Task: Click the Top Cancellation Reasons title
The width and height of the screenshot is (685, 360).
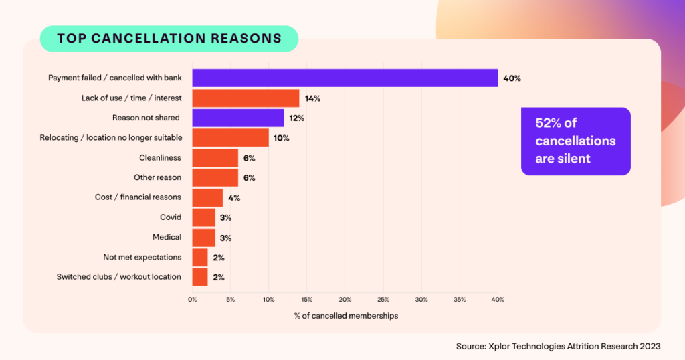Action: (169, 38)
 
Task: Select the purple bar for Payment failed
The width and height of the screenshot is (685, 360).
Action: (345, 78)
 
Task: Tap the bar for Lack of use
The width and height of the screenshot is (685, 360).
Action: (246, 98)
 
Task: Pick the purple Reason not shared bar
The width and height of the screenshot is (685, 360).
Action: (238, 118)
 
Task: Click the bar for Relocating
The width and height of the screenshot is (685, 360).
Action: (230, 138)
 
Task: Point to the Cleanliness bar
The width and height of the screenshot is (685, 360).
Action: (215, 158)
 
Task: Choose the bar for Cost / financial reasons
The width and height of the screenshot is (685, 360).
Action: (207, 197)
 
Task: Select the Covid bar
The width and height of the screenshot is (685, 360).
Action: (203, 217)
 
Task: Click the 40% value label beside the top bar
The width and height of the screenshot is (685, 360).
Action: (512, 78)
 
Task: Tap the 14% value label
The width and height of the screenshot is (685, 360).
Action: (312, 98)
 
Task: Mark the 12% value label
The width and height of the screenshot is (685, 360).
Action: (297, 118)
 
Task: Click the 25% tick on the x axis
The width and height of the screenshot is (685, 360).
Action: (383, 299)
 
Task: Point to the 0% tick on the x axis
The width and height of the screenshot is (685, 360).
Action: (193, 299)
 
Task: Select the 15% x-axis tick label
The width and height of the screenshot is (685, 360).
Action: (307, 299)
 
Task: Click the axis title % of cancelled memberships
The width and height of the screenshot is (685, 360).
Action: (346, 316)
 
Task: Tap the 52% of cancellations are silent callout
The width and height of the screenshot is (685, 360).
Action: (575, 141)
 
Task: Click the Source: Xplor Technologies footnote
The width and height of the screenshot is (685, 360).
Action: (557, 346)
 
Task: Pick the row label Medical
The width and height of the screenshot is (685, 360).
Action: (166, 238)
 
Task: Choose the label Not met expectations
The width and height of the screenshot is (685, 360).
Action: (142, 257)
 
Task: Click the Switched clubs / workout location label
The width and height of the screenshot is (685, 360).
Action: (118, 277)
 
